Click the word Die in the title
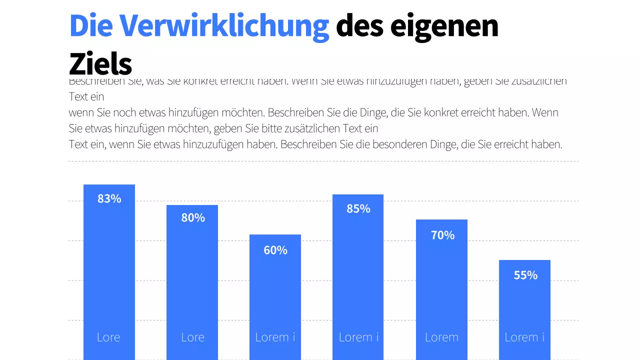click(x=90, y=25)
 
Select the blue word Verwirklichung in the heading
click(x=224, y=25)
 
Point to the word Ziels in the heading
click(x=100, y=64)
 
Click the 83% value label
click(x=109, y=198)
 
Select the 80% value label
click(x=192, y=217)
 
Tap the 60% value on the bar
click(x=275, y=250)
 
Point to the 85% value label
click(x=358, y=208)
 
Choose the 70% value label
click(x=442, y=234)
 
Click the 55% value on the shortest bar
click(x=525, y=275)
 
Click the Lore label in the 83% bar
click(x=108, y=337)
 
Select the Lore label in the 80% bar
click(x=192, y=337)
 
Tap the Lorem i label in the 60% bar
click(x=275, y=337)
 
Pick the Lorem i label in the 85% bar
click(x=358, y=337)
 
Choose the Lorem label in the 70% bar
click(x=441, y=337)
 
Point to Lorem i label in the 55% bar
click(x=524, y=337)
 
